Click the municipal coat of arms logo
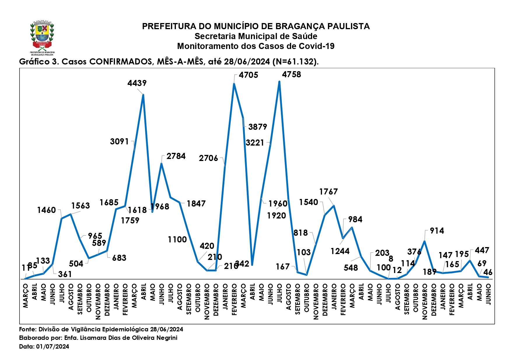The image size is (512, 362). pos(42,37)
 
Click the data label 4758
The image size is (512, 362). pos(291,75)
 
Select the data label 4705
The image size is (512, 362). pos(248,75)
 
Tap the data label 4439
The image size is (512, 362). pos(137,83)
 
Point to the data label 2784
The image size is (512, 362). pos(176,156)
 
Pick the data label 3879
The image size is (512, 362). pos(258,127)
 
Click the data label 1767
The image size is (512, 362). pos(328,192)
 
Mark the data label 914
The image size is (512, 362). pos(437,231)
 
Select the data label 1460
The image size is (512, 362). pos(46,210)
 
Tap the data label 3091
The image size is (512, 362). pos(119,142)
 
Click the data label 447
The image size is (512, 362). pos(482,251)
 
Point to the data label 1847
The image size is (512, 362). pos(196,204)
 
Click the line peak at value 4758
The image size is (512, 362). pos(279,82)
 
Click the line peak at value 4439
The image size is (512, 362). pos(143,95)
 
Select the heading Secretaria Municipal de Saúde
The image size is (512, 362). pos(256,36)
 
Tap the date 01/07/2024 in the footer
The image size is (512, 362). pos(53,347)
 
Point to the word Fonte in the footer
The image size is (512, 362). pos(27,329)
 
